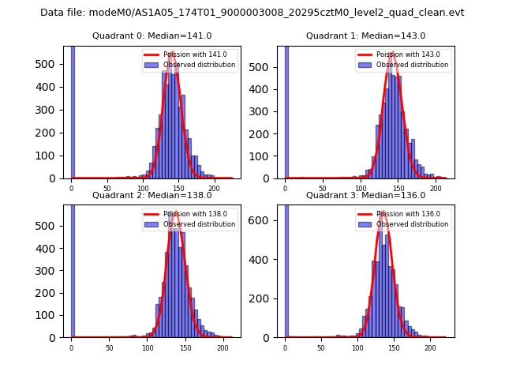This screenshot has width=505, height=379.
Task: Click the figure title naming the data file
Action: click(x=252, y=13)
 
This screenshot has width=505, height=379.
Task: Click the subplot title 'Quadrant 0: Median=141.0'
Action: click(x=151, y=36)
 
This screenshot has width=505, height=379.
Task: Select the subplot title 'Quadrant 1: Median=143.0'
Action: click(x=365, y=36)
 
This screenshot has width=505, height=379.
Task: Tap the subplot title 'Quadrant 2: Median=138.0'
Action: click(x=151, y=195)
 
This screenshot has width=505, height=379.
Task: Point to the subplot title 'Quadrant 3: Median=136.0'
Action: click(x=365, y=195)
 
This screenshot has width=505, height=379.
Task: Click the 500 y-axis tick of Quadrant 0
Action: click(x=53, y=67)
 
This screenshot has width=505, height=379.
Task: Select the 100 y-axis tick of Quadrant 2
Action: click(x=53, y=315)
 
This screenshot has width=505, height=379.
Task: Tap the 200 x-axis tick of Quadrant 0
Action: click(x=214, y=188)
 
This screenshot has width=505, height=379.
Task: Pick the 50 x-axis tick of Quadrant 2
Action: click(x=109, y=347)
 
